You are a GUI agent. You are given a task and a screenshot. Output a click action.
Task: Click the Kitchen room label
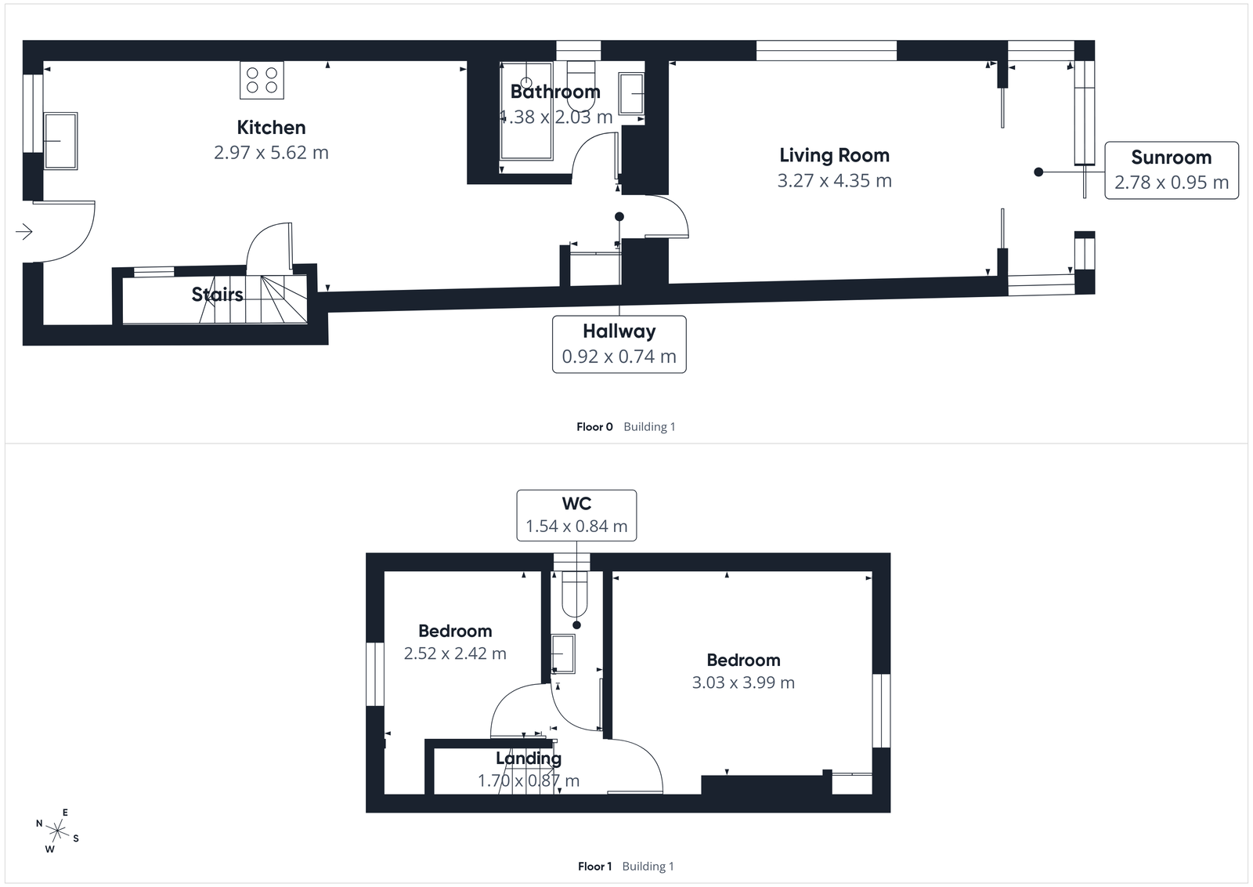[x=271, y=128]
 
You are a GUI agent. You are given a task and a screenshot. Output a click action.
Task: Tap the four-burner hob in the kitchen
[x=262, y=80]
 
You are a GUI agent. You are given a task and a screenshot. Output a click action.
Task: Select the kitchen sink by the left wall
[x=60, y=141]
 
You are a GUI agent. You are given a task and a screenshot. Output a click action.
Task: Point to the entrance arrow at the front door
[x=24, y=231]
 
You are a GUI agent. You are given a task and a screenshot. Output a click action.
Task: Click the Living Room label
[x=834, y=155]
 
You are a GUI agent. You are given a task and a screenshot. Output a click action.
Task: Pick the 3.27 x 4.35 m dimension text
[x=834, y=181]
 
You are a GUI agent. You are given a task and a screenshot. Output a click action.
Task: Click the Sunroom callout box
[x=1171, y=170]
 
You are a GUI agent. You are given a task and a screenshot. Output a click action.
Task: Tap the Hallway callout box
[x=619, y=344]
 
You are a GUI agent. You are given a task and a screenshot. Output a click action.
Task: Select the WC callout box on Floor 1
[x=576, y=515]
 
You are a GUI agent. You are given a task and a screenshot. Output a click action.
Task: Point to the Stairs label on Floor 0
[x=217, y=295]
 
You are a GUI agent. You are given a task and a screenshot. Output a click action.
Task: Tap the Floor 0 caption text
[x=594, y=427]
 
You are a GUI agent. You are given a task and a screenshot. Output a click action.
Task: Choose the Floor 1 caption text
[x=594, y=866]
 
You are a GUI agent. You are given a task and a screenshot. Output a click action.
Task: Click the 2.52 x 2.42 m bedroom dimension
[x=455, y=653]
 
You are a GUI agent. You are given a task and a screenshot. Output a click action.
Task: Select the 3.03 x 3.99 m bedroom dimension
[x=743, y=682]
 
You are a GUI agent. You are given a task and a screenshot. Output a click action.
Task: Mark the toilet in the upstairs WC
[x=575, y=594]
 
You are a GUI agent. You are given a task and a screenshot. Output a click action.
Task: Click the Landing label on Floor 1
[x=529, y=758]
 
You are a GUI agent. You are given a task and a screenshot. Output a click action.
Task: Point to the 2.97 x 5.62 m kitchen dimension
[x=271, y=153]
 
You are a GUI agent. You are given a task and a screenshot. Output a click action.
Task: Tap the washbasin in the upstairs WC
[x=562, y=653]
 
